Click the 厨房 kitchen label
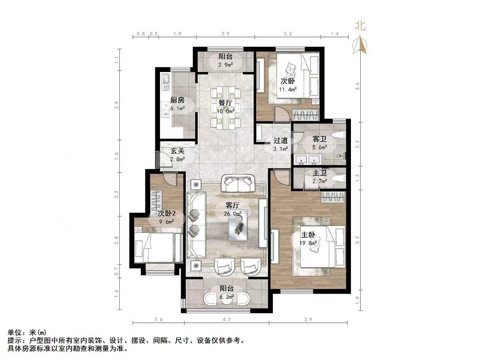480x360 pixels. [x=177, y=100]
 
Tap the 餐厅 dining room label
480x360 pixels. [x=226, y=103]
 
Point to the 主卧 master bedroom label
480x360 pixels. [x=308, y=235]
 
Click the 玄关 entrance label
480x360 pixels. [x=177, y=151]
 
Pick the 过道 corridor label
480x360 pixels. [x=281, y=140]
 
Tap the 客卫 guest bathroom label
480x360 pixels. [x=320, y=139]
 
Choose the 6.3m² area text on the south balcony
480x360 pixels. [x=227, y=297]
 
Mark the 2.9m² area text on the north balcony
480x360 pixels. [x=226, y=65]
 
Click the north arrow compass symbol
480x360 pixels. [x=360, y=45]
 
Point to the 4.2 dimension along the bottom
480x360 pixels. [x=227, y=319]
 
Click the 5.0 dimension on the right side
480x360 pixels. [x=357, y=240]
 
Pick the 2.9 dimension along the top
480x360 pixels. [x=226, y=34]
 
